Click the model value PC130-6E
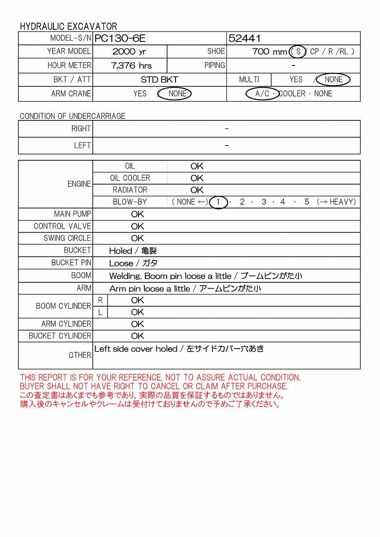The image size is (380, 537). [x=120, y=39]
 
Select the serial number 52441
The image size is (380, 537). [x=244, y=39]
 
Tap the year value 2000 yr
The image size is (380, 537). [x=130, y=52]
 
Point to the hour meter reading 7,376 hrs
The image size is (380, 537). [x=131, y=65]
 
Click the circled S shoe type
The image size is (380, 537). [x=298, y=52]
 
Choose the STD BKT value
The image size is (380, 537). [x=159, y=80]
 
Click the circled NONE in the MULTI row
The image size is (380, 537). [x=333, y=79]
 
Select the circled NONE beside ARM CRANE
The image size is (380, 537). [x=177, y=94]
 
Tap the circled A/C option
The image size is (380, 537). [x=262, y=94]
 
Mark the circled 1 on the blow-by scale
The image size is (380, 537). [x=218, y=202]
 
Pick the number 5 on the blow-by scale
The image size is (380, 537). [x=307, y=202]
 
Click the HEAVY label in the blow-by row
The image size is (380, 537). [x=342, y=202]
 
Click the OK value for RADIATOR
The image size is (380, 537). [x=197, y=190]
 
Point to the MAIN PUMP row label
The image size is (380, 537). [x=72, y=214]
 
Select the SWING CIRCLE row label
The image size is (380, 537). [x=67, y=238]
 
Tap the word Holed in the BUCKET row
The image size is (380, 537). [x=121, y=251]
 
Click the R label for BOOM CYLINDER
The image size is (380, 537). [x=100, y=300]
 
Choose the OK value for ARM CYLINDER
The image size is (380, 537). [x=137, y=324]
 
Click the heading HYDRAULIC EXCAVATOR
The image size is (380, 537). [x=68, y=26]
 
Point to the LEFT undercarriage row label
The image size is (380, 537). [x=82, y=146]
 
